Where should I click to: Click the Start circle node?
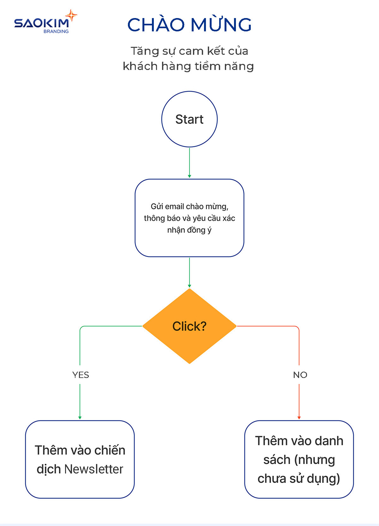[x=189, y=119]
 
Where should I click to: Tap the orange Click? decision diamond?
[x=189, y=326]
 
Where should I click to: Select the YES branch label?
[x=81, y=375]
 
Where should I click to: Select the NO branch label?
[x=300, y=375]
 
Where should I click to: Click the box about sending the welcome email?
[x=189, y=218]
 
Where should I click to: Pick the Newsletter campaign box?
[x=80, y=459]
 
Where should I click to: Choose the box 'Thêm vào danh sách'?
[x=299, y=459]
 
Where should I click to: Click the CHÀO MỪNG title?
[x=189, y=25]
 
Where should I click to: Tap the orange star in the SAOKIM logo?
[x=71, y=15]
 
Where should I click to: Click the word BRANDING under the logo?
[x=56, y=31]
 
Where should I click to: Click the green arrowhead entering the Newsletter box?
[x=80, y=418]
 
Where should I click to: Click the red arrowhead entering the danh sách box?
[x=299, y=418]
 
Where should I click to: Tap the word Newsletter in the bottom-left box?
[x=93, y=469]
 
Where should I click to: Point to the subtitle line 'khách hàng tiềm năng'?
[x=188, y=66]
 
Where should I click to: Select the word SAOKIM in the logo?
[x=41, y=23]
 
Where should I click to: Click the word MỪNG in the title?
[x=221, y=25]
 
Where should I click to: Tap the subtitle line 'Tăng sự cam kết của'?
[x=189, y=51]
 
